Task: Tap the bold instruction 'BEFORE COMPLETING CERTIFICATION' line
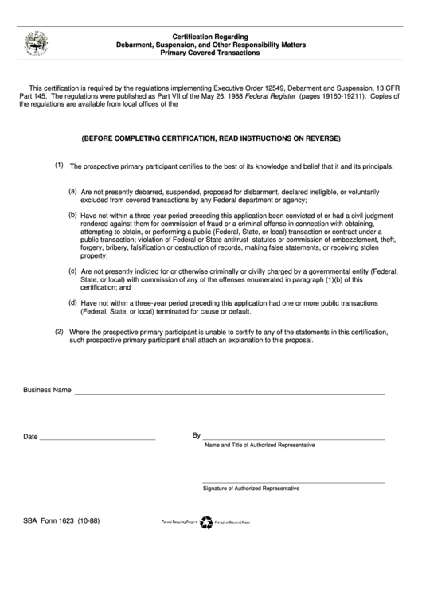coord(210,138)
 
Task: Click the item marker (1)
coord(59,166)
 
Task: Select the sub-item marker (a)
coord(72,191)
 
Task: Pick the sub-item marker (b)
coord(72,214)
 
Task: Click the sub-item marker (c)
coord(72,271)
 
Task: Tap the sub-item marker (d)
coord(72,302)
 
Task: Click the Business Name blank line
coord(229,393)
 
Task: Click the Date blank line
coord(97,439)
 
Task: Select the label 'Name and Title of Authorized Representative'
coord(260,446)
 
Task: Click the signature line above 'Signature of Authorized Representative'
coord(294,481)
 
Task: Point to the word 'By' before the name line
coord(197,436)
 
